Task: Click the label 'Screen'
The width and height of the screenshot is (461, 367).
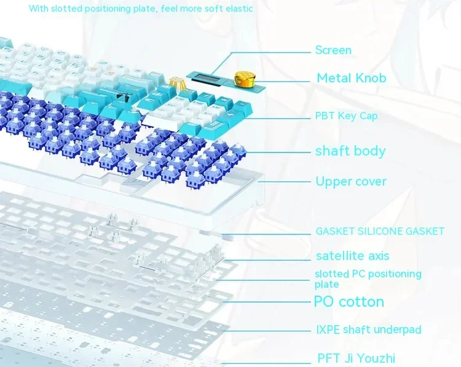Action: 333,50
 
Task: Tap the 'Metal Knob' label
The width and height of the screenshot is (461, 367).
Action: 351,77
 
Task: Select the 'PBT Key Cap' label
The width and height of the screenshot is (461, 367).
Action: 346,116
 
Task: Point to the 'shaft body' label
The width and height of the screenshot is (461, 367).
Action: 350,151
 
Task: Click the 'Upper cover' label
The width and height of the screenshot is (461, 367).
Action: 351,181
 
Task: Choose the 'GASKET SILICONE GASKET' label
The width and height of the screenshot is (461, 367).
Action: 380,231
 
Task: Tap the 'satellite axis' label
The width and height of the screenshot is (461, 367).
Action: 352,256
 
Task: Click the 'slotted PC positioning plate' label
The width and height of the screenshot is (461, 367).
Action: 368,278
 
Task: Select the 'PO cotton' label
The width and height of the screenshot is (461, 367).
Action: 349,302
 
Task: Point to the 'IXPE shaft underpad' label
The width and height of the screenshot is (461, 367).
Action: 369,330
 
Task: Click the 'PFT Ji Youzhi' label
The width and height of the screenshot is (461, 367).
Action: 356,358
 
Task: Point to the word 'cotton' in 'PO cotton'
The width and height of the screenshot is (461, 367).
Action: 361,302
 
